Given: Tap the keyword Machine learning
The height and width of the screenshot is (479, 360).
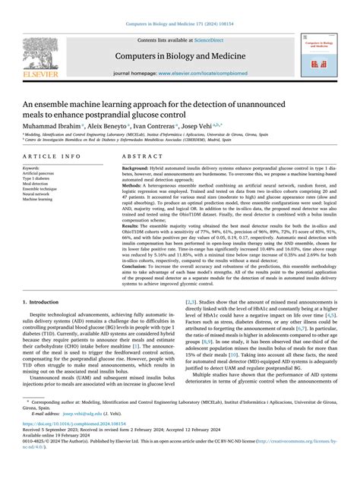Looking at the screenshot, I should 37,200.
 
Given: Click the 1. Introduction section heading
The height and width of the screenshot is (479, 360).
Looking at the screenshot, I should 46,323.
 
